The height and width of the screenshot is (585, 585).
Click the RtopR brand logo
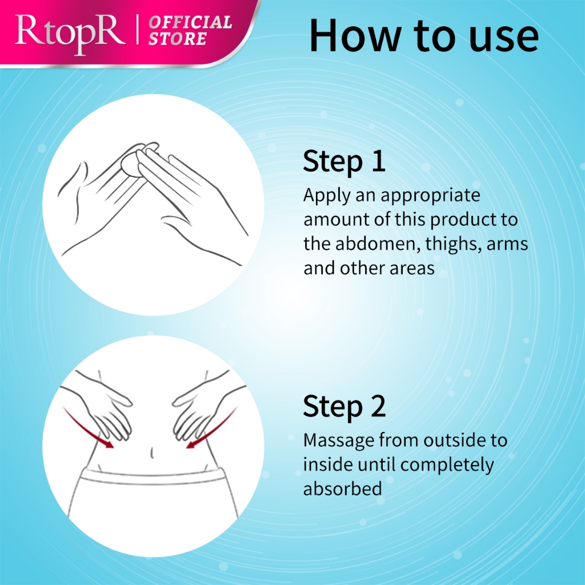click(x=70, y=34)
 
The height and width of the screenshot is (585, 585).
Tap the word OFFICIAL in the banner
click(x=191, y=22)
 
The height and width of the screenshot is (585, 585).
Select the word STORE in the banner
click(x=178, y=39)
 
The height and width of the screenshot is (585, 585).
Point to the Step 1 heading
click(x=344, y=161)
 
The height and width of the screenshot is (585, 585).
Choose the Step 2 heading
click(x=344, y=406)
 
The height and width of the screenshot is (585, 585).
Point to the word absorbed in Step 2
click(x=343, y=489)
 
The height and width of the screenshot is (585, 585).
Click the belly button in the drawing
click(x=152, y=452)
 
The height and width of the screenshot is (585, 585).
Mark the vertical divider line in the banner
click(x=137, y=29)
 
